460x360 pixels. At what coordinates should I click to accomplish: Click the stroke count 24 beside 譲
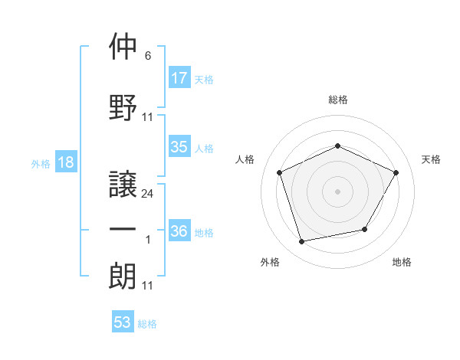[x=148, y=194]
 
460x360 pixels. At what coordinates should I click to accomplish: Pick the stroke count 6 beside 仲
[x=147, y=56]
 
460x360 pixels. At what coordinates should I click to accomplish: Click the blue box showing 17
[x=179, y=78]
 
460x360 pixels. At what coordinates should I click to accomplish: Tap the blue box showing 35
[x=179, y=147]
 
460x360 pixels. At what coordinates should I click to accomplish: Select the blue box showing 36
[x=179, y=231]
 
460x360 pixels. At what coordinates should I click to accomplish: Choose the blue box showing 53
[x=123, y=322]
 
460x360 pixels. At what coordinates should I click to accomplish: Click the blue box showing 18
[x=65, y=162]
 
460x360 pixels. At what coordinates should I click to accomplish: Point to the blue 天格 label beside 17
[x=204, y=79]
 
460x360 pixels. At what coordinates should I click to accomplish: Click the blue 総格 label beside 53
[x=147, y=324]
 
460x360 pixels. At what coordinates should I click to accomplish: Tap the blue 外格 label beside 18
[x=41, y=163]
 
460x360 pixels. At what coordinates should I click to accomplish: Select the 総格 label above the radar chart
[x=338, y=100]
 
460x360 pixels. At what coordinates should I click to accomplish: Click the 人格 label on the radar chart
[x=245, y=159]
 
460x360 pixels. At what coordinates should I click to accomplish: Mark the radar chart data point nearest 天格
[x=396, y=172]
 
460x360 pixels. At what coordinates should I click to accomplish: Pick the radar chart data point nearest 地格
[x=365, y=229]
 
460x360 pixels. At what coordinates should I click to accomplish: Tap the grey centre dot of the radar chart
[x=338, y=191]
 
